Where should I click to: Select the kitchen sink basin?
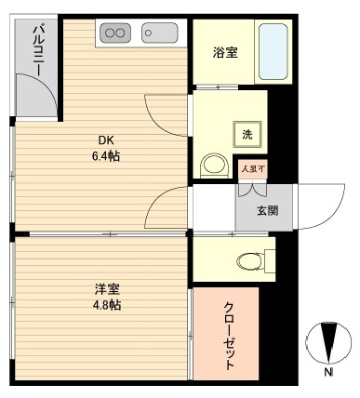(x=159, y=33)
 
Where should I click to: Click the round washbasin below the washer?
(x=213, y=165)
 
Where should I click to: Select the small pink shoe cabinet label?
(x=252, y=168)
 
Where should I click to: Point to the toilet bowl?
(x=250, y=259)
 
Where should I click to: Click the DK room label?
(x=107, y=141)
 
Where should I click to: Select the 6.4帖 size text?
(x=107, y=156)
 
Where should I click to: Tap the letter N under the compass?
(x=328, y=374)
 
